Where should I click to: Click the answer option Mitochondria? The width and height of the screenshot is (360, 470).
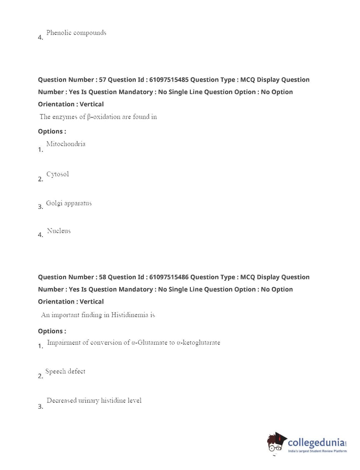click(x=66, y=144)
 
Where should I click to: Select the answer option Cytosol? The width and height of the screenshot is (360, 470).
click(x=57, y=174)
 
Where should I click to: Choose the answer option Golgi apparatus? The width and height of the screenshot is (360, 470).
click(x=69, y=203)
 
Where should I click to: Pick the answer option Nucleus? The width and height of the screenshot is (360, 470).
click(x=59, y=231)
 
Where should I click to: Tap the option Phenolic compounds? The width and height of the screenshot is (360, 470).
click(x=76, y=33)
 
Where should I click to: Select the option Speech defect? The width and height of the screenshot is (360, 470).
click(x=65, y=371)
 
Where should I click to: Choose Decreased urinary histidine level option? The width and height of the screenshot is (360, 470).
click(x=94, y=400)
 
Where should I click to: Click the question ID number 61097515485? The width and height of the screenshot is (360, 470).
click(x=169, y=80)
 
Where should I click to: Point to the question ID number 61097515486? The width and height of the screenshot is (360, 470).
click(x=169, y=277)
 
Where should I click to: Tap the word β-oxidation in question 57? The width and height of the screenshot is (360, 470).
click(x=104, y=117)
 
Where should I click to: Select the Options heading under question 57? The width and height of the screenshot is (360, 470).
click(x=52, y=131)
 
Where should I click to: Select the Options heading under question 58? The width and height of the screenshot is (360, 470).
click(x=52, y=331)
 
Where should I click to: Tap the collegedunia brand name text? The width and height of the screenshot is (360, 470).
click(x=316, y=442)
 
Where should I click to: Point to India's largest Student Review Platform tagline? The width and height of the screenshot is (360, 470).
click(x=317, y=451)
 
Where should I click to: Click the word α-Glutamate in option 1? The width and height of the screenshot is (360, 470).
click(x=149, y=342)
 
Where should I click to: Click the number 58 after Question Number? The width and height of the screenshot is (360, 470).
click(x=102, y=277)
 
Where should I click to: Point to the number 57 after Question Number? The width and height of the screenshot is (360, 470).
click(x=102, y=80)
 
